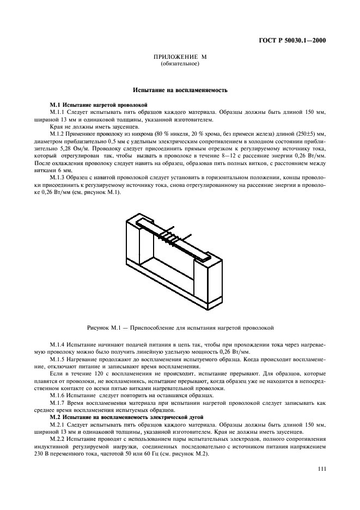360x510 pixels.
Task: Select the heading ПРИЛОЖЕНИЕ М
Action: click(x=180, y=57)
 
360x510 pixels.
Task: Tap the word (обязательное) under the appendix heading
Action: click(x=180, y=64)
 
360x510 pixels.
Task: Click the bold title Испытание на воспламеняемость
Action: click(x=180, y=89)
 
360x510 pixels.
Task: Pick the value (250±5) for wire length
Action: click(x=305, y=133)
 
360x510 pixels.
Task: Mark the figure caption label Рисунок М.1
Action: click(x=104, y=327)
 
